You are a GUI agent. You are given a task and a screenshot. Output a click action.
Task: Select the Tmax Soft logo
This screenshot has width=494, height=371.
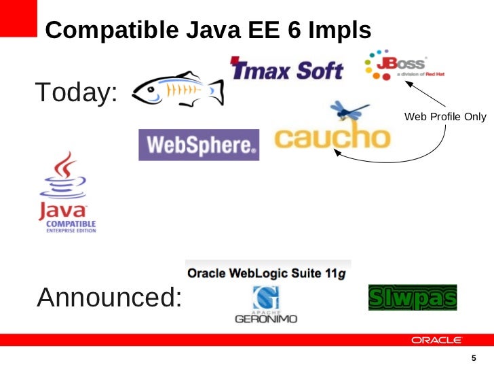(x=287, y=68)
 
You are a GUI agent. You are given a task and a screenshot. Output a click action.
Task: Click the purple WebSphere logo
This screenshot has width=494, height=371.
(x=199, y=145)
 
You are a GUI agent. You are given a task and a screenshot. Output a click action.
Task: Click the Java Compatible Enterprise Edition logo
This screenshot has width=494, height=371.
(x=66, y=194)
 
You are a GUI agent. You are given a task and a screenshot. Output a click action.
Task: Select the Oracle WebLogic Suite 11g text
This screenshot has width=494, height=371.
(x=268, y=273)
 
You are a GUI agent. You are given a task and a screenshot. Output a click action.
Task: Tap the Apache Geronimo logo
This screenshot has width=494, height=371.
(x=265, y=305)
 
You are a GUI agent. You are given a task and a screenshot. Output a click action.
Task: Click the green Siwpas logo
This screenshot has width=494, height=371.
(x=413, y=298)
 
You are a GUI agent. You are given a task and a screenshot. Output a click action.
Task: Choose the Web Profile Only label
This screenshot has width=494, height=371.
(x=445, y=117)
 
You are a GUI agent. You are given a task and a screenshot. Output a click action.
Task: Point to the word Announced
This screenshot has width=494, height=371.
(x=109, y=297)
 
